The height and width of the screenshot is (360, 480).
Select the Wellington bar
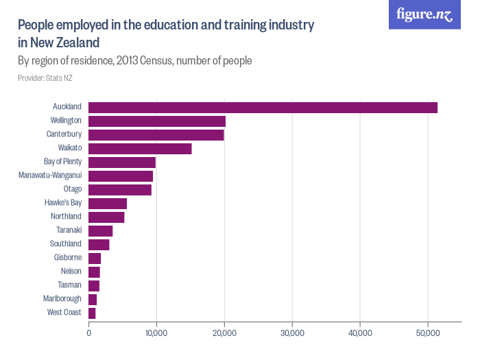(157, 121)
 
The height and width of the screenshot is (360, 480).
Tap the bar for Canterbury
(156, 134)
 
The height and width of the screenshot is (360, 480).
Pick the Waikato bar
(140, 148)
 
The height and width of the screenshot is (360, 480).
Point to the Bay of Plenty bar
(122, 162)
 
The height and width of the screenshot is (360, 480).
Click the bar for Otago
(120, 189)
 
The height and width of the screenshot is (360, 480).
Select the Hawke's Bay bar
(108, 203)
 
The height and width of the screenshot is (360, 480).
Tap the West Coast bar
(92, 313)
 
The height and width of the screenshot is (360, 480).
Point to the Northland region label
(66, 217)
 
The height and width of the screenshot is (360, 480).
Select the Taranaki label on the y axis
(69, 230)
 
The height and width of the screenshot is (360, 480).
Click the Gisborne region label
(68, 258)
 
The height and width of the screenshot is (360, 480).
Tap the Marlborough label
(62, 299)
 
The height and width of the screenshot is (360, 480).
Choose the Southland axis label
(66, 244)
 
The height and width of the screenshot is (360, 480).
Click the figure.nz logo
(424, 14)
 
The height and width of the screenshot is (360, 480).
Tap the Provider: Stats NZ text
(45, 78)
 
